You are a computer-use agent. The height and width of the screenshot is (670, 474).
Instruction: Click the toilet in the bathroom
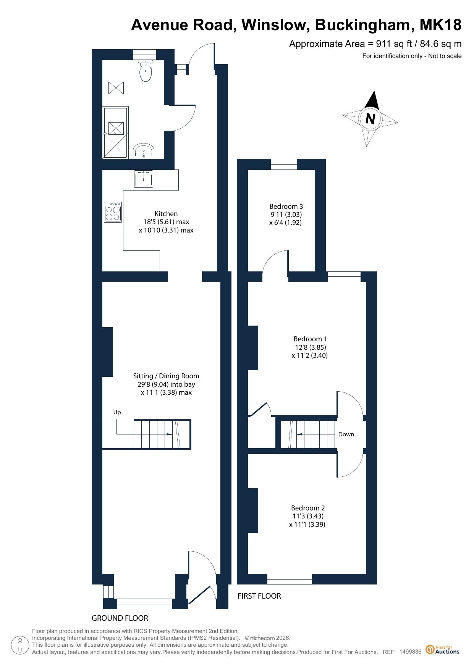coord(146,71)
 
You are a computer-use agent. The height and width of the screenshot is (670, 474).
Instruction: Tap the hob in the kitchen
coord(113,212)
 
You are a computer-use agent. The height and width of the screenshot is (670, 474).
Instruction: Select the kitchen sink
coord(144,179)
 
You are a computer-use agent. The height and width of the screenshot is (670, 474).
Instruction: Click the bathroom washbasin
coord(144,151)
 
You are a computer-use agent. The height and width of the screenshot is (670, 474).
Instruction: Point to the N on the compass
coord(370,119)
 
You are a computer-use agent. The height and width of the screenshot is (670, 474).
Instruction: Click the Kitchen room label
coord(166,214)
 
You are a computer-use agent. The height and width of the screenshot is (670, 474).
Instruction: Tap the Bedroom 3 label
coord(286,207)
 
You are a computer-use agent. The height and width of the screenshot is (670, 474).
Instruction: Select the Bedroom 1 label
coord(310,339)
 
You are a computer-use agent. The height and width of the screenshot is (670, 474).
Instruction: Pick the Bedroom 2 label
coord(308,508)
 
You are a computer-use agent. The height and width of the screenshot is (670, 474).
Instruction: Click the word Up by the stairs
coord(117,412)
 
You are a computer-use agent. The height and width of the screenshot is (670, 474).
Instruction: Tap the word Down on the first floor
coord(346,434)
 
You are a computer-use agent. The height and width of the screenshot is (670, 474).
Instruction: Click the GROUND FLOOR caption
coord(120,618)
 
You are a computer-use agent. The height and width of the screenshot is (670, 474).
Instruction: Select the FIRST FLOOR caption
coord(259,596)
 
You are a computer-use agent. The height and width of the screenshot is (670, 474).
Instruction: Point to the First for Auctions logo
coord(443,649)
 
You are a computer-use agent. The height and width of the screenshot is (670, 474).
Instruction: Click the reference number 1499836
coord(411,652)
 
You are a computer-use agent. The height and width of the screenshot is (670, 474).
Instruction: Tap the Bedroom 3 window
coord(284,164)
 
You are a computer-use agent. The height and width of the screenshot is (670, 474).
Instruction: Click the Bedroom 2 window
coord(290,579)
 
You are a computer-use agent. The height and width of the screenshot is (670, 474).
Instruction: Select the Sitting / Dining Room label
coord(166,376)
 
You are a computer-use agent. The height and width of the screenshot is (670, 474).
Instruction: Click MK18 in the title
coord(440,25)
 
